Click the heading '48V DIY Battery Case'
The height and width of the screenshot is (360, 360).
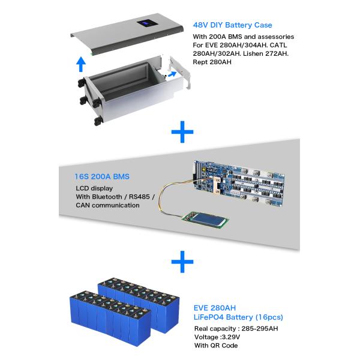232,25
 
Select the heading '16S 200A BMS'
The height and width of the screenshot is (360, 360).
102,177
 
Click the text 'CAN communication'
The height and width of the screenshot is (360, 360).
107,205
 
